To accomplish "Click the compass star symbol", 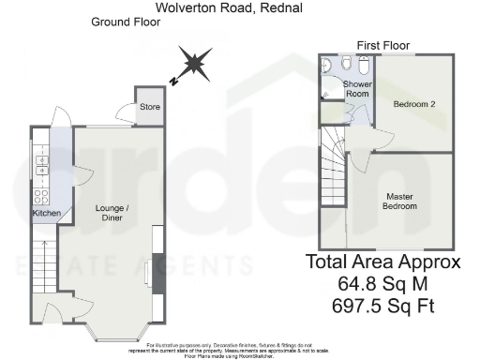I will point(195,65).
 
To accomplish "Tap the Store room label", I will point(150,107).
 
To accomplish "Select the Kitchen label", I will point(48,214).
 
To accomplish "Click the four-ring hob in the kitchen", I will point(41,197).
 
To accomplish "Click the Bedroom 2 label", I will point(414,103).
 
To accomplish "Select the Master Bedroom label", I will point(400,201).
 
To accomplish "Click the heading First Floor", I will point(384,45).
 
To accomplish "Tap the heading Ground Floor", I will point(124,22).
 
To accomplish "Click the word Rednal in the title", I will point(300,7).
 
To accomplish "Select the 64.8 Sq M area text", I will point(382,284).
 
